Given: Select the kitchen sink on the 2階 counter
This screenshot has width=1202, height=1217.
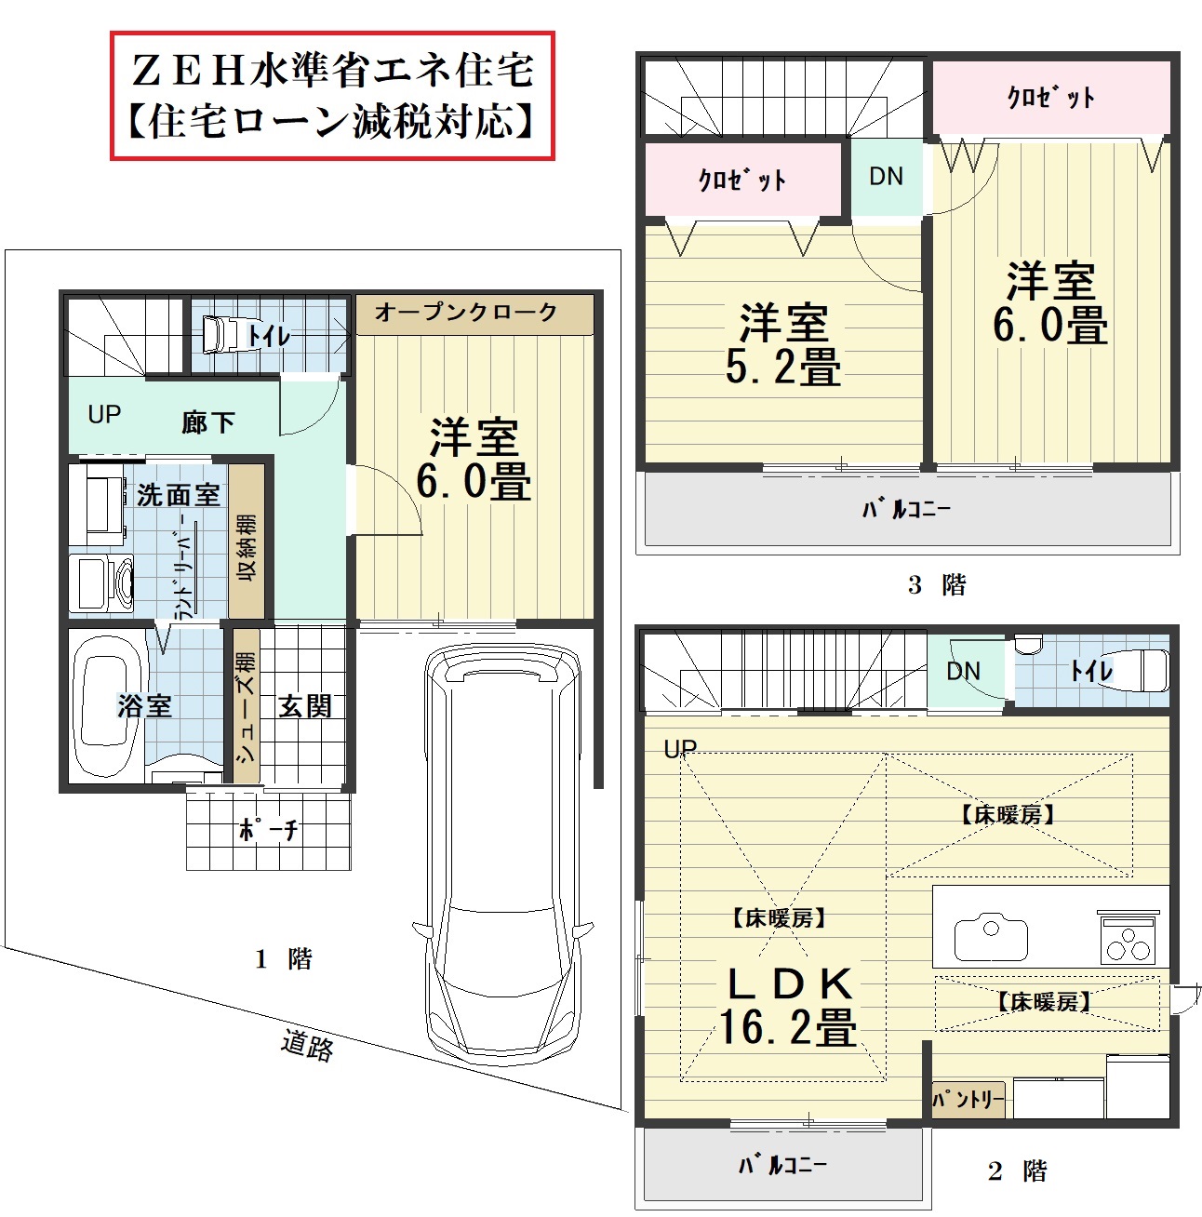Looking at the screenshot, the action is coord(991,938).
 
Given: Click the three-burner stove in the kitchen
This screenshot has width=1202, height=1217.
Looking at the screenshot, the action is coord(1129,937).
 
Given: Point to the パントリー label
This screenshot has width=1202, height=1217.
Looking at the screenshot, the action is coord(968,1100).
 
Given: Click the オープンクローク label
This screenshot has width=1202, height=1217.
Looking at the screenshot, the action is coord(466,312).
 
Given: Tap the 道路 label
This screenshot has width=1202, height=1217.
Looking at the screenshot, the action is coord(307,1046).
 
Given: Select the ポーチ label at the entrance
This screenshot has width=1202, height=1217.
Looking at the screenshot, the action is coord(269,830).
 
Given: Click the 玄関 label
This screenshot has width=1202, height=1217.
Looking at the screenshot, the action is coord(305,706).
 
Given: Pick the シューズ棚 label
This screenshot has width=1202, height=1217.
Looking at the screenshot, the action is coord(247,707).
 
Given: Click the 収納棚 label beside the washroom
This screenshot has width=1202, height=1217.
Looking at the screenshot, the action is coord(247,548).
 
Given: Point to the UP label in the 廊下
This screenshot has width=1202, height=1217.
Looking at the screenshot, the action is coord(104,415).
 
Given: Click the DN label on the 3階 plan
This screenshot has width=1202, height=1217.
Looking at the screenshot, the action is coord(887,176).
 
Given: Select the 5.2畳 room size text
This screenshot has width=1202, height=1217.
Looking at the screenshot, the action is coord(783,367).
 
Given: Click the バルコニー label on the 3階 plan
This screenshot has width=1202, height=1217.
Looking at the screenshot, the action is coord(906,508).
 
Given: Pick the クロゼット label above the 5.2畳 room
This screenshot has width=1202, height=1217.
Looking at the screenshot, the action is coord(742,180).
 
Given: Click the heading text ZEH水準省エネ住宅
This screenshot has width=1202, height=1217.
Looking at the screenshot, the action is coord(333,71).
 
